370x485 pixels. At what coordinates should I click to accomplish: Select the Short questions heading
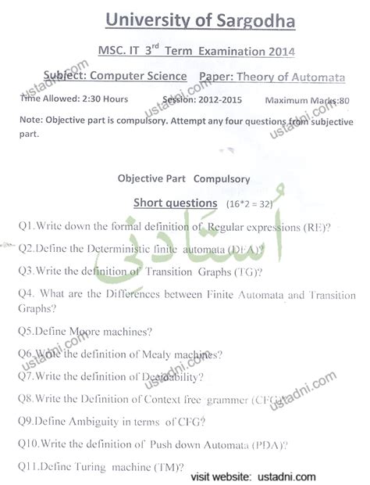[x=174, y=203]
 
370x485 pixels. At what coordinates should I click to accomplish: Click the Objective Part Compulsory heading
[x=183, y=178]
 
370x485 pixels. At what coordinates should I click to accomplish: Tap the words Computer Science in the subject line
[x=138, y=77]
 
